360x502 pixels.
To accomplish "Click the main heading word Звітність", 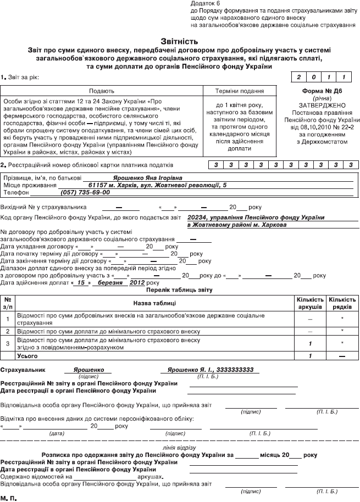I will coord(180,41).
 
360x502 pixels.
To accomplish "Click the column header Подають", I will coord(102,91).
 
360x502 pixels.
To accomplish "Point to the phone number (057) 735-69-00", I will coord(85,193).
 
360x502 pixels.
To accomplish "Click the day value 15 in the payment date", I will coord(81,282).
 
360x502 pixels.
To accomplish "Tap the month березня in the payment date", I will coord(109,282).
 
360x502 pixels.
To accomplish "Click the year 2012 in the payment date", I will coord(137,282).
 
